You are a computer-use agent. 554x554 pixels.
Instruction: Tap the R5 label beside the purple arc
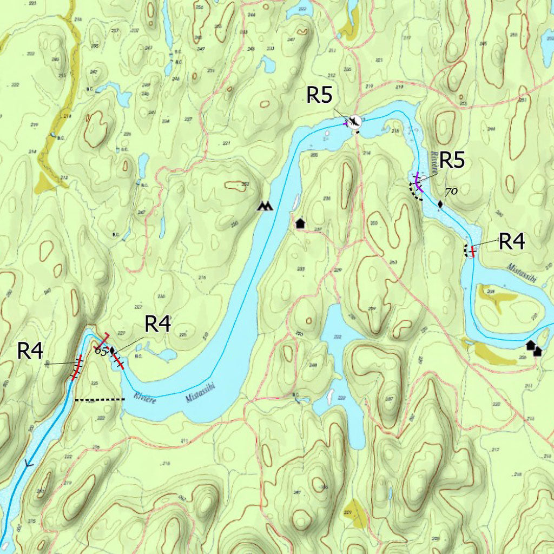[452, 161]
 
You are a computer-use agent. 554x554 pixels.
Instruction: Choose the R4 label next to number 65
[158, 324]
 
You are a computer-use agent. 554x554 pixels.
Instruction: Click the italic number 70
[451, 192]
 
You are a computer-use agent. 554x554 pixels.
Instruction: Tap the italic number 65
[100, 351]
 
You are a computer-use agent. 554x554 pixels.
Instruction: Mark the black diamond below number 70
[440, 205]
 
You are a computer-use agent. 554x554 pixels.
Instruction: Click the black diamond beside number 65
[112, 351]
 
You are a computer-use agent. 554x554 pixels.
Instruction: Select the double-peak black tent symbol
[265, 206]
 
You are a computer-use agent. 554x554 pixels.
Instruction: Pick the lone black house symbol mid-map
[300, 222]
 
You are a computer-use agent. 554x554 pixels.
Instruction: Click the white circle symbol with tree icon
[354, 121]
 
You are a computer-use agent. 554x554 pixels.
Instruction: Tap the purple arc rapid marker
[418, 183]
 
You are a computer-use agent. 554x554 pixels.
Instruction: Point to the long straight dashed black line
[100, 400]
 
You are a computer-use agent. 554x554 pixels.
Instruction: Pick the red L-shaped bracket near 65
[103, 341]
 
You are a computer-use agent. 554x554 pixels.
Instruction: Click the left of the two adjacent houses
[530, 345]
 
